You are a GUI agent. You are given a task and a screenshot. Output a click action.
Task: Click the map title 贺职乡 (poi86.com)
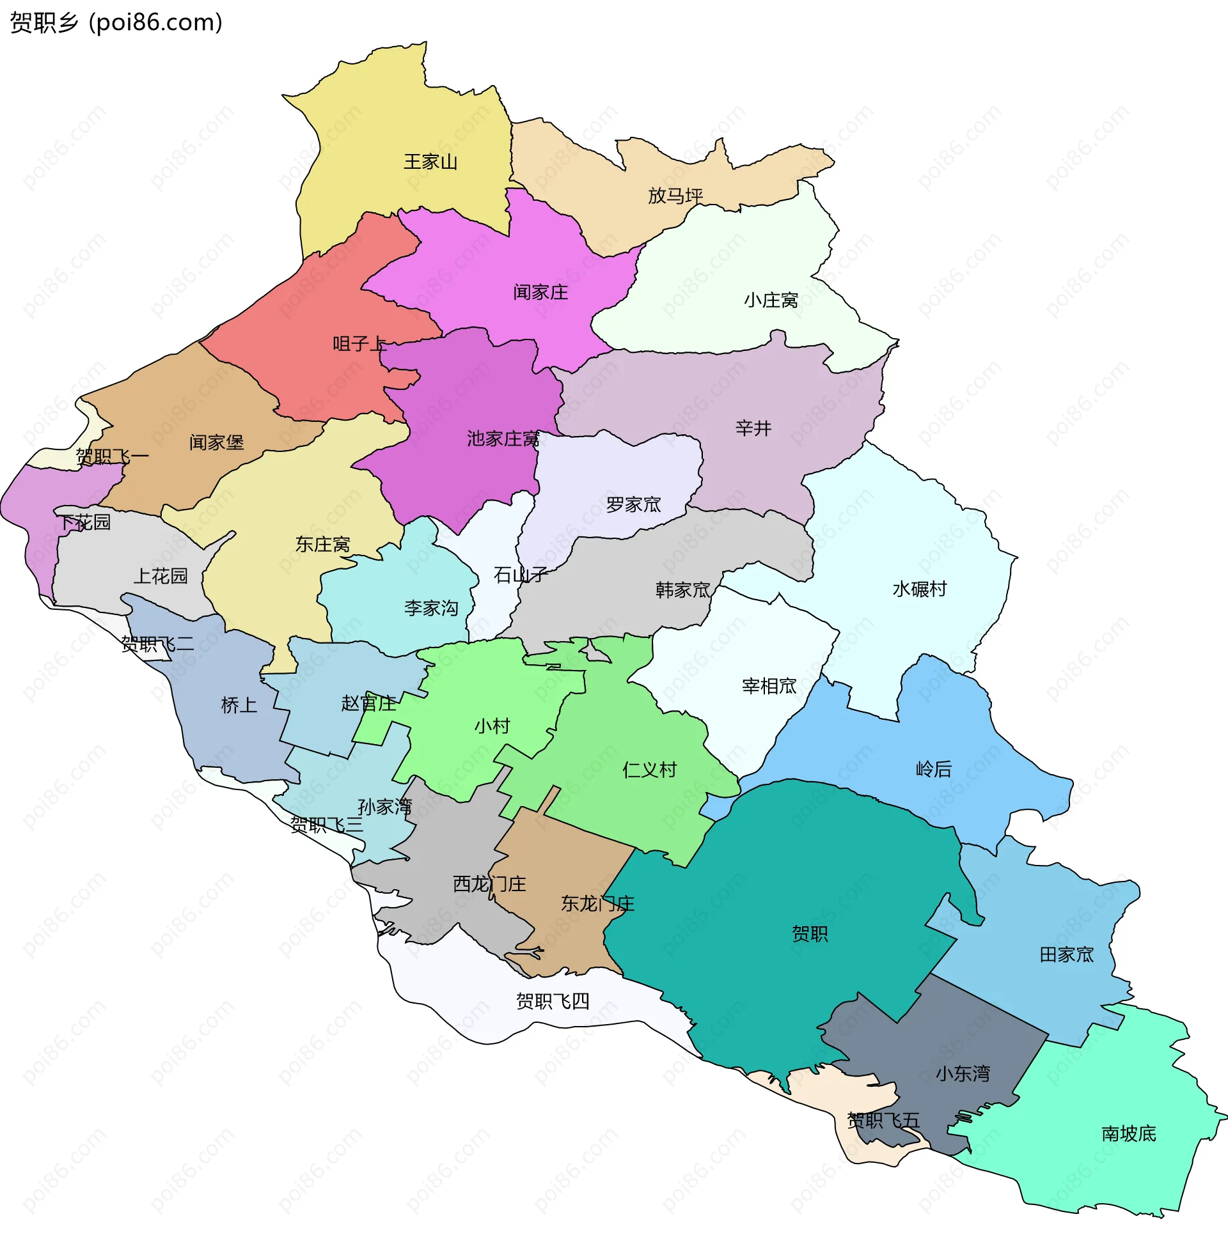[x=116, y=22]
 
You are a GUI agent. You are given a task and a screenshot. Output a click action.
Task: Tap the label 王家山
[x=430, y=161]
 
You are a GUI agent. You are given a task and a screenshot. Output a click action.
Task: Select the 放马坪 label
[x=675, y=195]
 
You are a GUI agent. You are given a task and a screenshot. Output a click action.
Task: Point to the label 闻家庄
[x=540, y=293]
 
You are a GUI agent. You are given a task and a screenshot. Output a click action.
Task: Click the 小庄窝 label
[x=771, y=300]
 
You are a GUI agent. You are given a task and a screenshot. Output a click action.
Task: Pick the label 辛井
[x=753, y=428]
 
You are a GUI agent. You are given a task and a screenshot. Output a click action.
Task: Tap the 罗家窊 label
[x=633, y=504]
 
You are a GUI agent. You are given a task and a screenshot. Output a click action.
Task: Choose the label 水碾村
[x=919, y=589]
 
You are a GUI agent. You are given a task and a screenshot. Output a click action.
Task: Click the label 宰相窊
[x=769, y=686]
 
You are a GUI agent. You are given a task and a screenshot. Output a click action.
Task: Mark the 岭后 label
[x=933, y=769]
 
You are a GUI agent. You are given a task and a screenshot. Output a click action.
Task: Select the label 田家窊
[x=1066, y=954]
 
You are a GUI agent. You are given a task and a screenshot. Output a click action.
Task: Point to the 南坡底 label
[x=1129, y=1133]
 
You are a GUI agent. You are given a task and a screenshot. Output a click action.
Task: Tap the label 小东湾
[x=963, y=1074]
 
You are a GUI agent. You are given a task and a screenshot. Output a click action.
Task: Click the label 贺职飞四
[x=553, y=1001]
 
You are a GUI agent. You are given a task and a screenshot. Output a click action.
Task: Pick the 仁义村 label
[x=649, y=770]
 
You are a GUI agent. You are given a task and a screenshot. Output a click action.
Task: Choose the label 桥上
[x=239, y=705]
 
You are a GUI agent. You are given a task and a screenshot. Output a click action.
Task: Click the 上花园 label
[x=160, y=575]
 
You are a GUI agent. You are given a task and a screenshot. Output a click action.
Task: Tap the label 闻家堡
[x=217, y=442]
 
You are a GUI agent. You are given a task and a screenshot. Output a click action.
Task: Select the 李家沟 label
[x=431, y=608]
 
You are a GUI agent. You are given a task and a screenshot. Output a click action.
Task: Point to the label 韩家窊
[x=682, y=589]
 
